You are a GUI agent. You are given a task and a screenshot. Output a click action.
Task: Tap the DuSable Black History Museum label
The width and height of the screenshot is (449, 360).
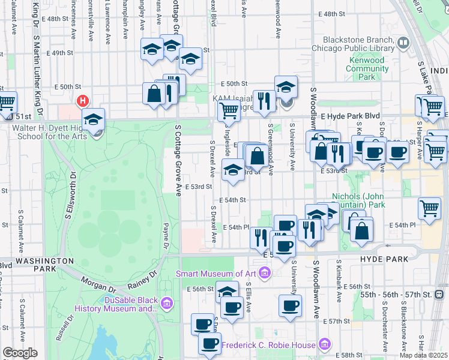point(115,304)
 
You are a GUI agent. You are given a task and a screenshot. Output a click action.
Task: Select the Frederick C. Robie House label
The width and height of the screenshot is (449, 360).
point(268,345)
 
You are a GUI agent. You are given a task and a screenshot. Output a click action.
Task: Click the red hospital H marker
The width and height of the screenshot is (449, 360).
point(83,101)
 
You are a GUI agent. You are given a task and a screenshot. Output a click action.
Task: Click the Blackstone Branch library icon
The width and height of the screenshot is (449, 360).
point(402,43)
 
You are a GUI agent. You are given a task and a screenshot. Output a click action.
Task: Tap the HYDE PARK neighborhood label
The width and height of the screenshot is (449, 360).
point(384,259)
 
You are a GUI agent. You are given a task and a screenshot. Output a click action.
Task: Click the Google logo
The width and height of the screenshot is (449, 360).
point(20,353)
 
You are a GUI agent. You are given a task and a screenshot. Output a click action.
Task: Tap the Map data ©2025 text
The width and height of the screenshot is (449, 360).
point(423,355)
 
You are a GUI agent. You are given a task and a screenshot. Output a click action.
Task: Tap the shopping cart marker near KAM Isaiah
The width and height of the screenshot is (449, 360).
point(228,110)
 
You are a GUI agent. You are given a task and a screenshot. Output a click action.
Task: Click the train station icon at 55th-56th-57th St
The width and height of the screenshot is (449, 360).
point(439,294)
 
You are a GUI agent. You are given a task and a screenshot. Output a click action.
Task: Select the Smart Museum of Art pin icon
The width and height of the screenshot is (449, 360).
point(265,274)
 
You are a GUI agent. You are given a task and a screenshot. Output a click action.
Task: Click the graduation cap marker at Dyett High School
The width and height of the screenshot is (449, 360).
point(94,119)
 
